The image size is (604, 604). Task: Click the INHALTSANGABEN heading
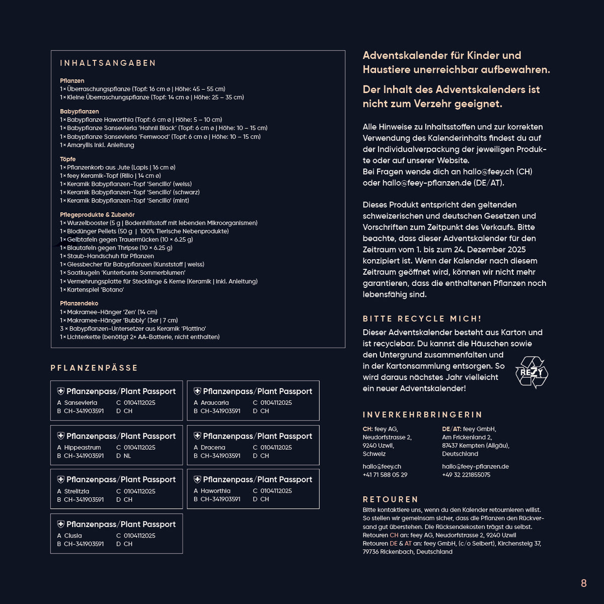108,63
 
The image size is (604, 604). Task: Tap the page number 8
583,583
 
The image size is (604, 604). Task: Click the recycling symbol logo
532,372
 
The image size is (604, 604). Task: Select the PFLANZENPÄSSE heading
94,368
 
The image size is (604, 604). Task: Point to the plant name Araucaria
214,403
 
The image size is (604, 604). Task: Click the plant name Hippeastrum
83,447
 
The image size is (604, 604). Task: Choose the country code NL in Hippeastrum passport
127,456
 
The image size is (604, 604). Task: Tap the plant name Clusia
73,536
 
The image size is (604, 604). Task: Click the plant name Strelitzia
77,491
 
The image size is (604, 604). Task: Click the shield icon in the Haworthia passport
197,479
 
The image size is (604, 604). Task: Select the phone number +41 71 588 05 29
385,475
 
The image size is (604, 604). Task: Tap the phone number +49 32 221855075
466,475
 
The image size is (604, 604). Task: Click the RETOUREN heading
391,499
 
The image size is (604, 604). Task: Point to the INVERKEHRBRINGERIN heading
423,415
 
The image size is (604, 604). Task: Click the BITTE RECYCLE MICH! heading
422,319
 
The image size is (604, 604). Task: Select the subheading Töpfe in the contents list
68,159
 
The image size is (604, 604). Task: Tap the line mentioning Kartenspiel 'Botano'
92,290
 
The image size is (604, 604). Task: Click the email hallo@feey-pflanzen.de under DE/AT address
475,467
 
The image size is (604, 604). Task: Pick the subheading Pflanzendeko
79,304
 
